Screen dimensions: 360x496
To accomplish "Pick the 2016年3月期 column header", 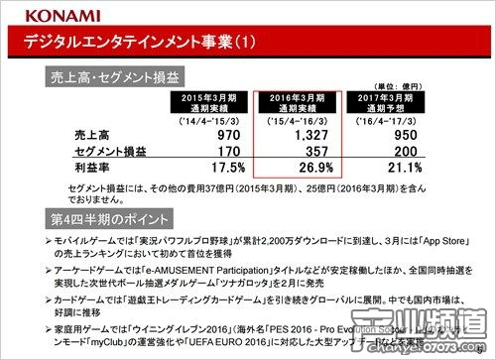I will (298, 102).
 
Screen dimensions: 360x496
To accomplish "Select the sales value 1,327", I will (310, 133).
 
